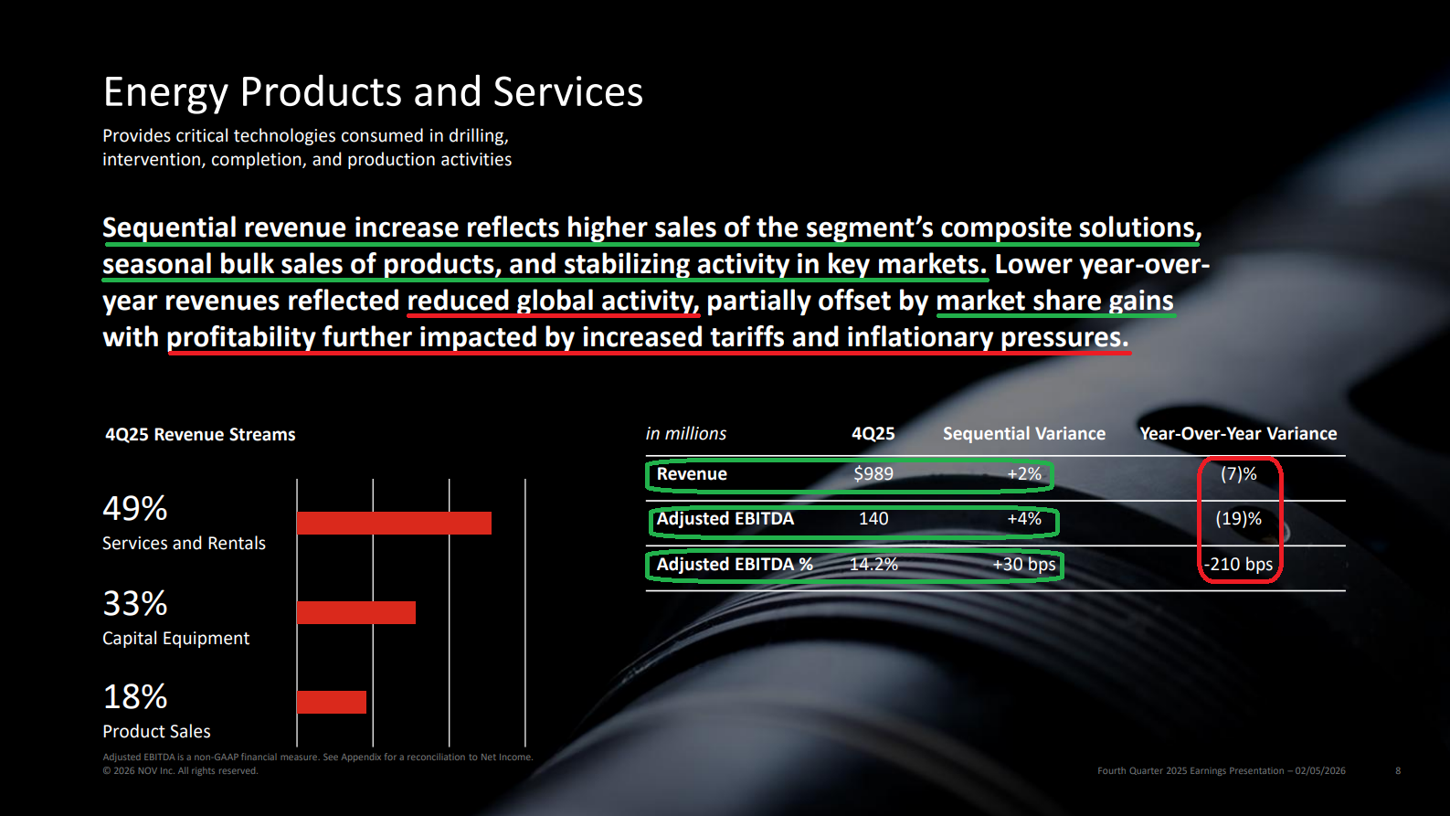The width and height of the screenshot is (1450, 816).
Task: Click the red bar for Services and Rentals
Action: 394,523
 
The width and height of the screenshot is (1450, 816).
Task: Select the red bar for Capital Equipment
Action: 356,612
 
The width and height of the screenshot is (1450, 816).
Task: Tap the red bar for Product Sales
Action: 332,702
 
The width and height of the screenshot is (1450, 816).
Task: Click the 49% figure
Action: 135,509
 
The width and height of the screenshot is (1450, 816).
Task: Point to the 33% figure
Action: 135,604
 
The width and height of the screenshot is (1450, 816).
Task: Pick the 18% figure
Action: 135,697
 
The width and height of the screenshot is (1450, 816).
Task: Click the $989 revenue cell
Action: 873,474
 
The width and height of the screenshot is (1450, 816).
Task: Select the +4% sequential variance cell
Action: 1024,519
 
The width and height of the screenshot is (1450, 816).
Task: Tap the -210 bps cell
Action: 1238,564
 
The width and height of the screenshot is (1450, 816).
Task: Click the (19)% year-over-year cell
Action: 1238,519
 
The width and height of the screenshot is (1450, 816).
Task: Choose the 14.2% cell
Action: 873,564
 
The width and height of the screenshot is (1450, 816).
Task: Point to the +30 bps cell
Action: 1024,564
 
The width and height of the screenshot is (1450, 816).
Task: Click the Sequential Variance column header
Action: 1024,433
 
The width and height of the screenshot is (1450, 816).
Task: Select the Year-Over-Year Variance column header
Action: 1238,433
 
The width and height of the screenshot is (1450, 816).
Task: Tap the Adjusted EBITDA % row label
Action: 735,564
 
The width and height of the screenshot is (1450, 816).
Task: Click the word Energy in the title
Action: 165,92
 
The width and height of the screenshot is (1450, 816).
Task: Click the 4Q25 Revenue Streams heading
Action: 200,434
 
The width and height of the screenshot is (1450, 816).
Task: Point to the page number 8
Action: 1398,770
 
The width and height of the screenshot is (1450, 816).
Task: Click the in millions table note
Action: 686,433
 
